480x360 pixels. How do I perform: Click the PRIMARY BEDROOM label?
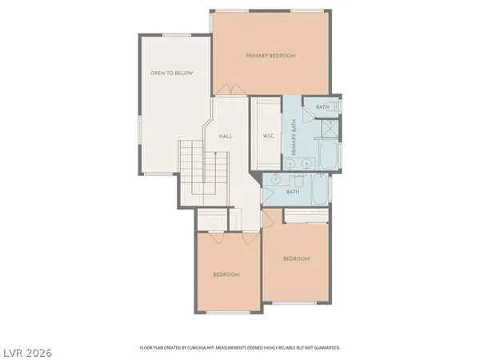270,56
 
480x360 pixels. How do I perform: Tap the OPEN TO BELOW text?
169,73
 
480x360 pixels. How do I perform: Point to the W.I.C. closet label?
269,136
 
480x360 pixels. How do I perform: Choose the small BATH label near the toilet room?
322,107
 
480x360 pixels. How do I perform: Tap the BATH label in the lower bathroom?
293,191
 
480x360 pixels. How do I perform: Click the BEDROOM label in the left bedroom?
226,274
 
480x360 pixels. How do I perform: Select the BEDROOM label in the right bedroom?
296,259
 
